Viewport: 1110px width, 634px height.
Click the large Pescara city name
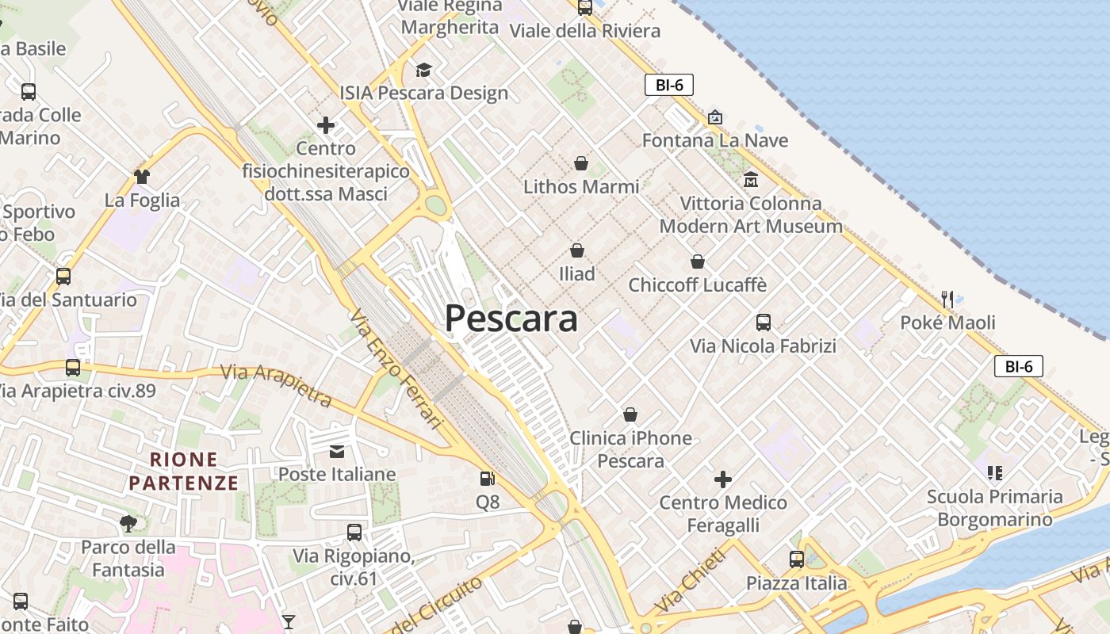(511, 319)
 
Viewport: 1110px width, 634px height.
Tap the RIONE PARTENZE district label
(184, 471)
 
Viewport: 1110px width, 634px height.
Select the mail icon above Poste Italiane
(337, 451)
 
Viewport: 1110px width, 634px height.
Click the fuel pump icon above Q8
(488, 479)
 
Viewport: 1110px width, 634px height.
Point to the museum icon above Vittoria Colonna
(751, 180)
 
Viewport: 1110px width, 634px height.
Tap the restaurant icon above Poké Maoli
(947, 299)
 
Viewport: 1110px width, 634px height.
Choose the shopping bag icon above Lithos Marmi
(581, 163)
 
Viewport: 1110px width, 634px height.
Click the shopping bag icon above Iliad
(577, 250)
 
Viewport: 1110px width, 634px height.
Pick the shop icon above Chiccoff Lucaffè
(698, 262)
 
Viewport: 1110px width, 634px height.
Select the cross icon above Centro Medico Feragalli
(723, 479)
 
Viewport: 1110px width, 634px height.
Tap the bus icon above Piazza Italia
(797, 560)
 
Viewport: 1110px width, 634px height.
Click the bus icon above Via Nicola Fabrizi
(764, 323)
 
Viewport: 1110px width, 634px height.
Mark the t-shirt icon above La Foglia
(142, 176)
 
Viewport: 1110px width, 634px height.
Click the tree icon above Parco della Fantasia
(128, 523)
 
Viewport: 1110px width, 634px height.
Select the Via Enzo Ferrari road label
(394, 369)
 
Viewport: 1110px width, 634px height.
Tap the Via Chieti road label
(690, 581)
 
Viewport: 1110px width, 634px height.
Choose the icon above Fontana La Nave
(715, 117)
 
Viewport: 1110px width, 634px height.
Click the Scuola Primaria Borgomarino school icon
(995, 473)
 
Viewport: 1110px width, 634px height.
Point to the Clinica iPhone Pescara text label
(631, 449)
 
